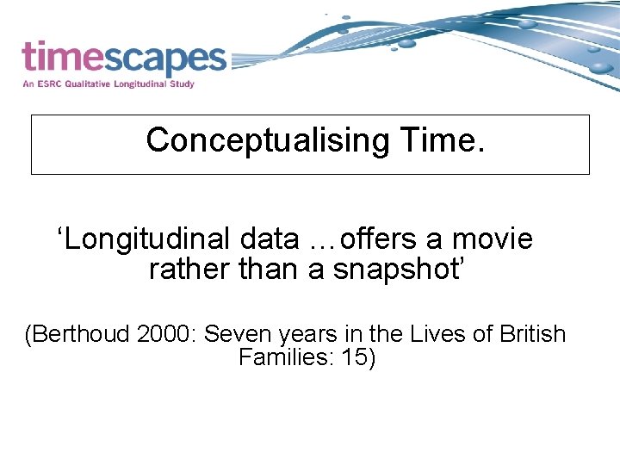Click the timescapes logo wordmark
click(123, 58)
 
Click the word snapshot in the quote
click(400, 269)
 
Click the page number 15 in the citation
click(355, 356)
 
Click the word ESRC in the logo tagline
click(49, 84)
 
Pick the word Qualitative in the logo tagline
click(88, 84)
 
